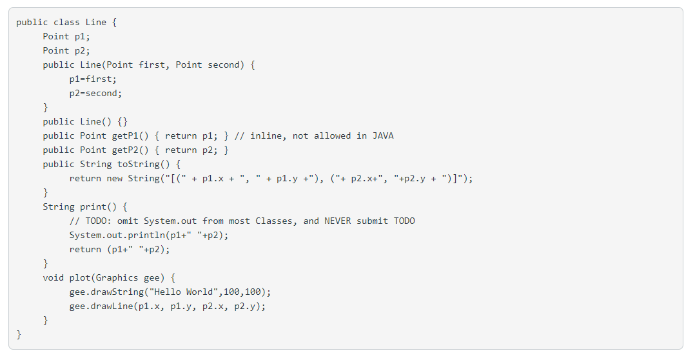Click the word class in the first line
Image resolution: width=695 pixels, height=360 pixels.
tap(67, 22)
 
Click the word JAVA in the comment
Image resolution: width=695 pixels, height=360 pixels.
tap(383, 135)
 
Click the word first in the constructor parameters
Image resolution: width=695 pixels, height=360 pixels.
tap(152, 65)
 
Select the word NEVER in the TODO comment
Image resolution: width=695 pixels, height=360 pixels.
tap(338, 221)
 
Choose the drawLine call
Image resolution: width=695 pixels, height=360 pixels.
tap(115, 306)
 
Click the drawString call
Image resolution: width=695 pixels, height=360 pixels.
tap(120, 292)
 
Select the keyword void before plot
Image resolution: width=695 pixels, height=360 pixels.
tap(54, 277)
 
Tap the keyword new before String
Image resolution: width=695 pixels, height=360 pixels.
tap(115, 178)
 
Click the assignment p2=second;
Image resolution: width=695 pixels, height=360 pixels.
tap(95, 93)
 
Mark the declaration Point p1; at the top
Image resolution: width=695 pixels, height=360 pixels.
tap(66, 36)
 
